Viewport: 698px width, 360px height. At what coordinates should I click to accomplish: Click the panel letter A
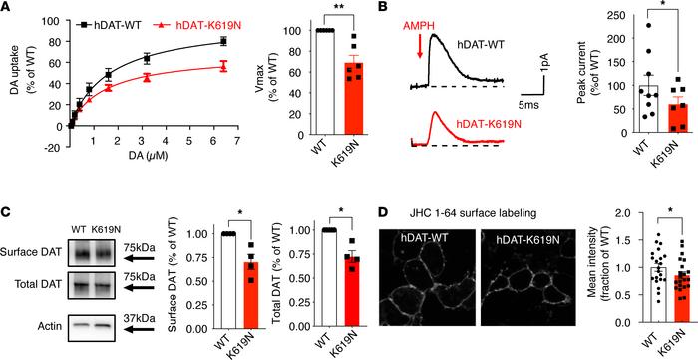click(9, 11)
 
